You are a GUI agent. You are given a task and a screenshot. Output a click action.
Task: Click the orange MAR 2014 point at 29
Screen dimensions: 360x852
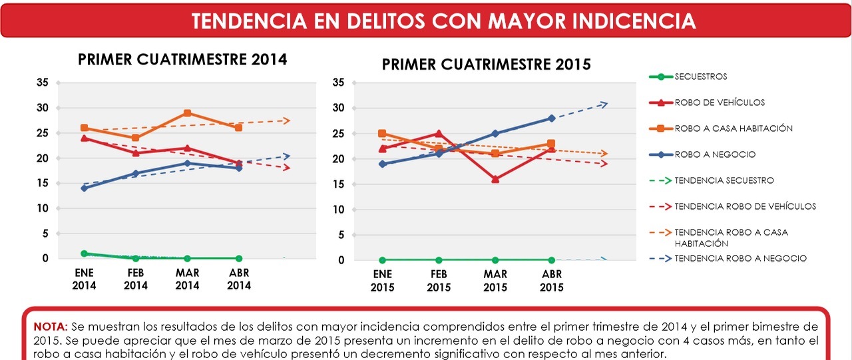pyautogui.click(x=188, y=113)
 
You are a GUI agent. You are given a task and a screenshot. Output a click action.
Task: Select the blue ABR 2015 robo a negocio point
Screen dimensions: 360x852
pyautogui.click(x=551, y=118)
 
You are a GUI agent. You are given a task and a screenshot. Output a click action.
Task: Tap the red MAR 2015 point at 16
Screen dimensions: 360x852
pyautogui.click(x=495, y=179)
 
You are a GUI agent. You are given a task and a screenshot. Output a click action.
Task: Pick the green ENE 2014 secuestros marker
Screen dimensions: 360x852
pyautogui.click(x=84, y=254)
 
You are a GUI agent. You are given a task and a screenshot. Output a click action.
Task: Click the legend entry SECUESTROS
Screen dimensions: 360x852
pyautogui.click(x=700, y=77)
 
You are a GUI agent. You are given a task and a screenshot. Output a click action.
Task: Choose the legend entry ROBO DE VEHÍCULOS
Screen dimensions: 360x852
pyautogui.click(x=720, y=102)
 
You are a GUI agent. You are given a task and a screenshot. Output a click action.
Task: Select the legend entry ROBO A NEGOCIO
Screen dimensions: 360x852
pyautogui.click(x=715, y=154)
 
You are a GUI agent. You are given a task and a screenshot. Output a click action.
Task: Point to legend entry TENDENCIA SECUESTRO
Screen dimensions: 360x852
pyautogui.click(x=724, y=180)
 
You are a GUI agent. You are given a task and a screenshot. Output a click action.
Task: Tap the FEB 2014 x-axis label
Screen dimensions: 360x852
pyautogui.click(x=136, y=279)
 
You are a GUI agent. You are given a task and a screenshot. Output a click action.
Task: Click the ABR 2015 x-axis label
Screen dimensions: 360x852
pyautogui.click(x=552, y=281)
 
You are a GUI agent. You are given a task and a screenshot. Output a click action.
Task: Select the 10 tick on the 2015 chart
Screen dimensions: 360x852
pyautogui.click(x=337, y=210)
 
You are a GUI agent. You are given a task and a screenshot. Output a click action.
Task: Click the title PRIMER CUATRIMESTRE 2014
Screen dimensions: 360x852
pyautogui.click(x=182, y=59)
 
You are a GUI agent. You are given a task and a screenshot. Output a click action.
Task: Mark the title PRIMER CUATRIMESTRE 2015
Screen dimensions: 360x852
pyautogui.click(x=486, y=65)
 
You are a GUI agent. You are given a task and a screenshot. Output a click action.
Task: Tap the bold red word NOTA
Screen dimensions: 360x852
pyautogui.click(x=51, y=327)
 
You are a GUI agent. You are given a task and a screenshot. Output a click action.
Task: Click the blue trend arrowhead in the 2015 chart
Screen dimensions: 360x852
pyautogui.click(x=604, y=103)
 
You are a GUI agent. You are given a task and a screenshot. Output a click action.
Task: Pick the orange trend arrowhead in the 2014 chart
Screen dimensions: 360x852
pyautogui.click(x=287, y=120)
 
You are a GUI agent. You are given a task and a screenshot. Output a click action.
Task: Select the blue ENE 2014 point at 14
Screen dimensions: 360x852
pyautogui.click(x=84, y=188)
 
